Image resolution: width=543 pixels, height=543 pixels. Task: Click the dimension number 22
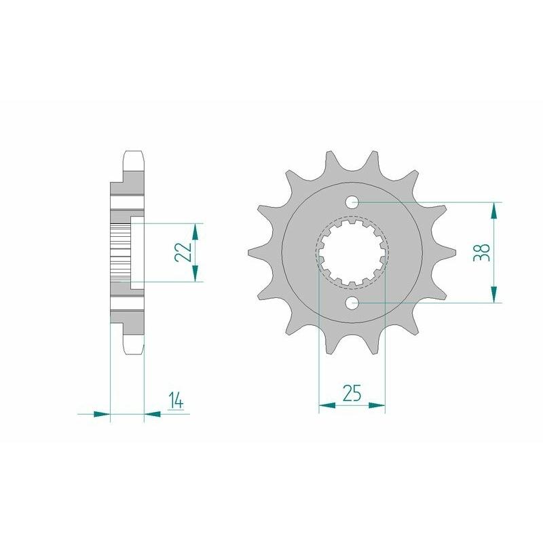[x=182, y=252]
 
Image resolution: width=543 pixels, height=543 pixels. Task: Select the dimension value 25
[x=352, y=394]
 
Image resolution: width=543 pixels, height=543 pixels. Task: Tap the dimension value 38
[x=483, y=252]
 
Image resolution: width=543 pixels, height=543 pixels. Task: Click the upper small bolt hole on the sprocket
[x=352, y=202]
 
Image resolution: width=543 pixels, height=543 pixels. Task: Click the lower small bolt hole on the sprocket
[x=352, y=302]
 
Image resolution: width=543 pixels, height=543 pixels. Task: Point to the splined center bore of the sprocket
[x=352, y=252]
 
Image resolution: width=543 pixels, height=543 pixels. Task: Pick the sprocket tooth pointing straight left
[x=255, y=252]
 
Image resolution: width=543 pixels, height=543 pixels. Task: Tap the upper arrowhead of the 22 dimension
[x=196, y=231]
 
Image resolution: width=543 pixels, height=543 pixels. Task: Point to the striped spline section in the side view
[x=119, y=252]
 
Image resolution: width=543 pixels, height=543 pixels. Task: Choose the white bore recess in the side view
[x=136, y=252]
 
